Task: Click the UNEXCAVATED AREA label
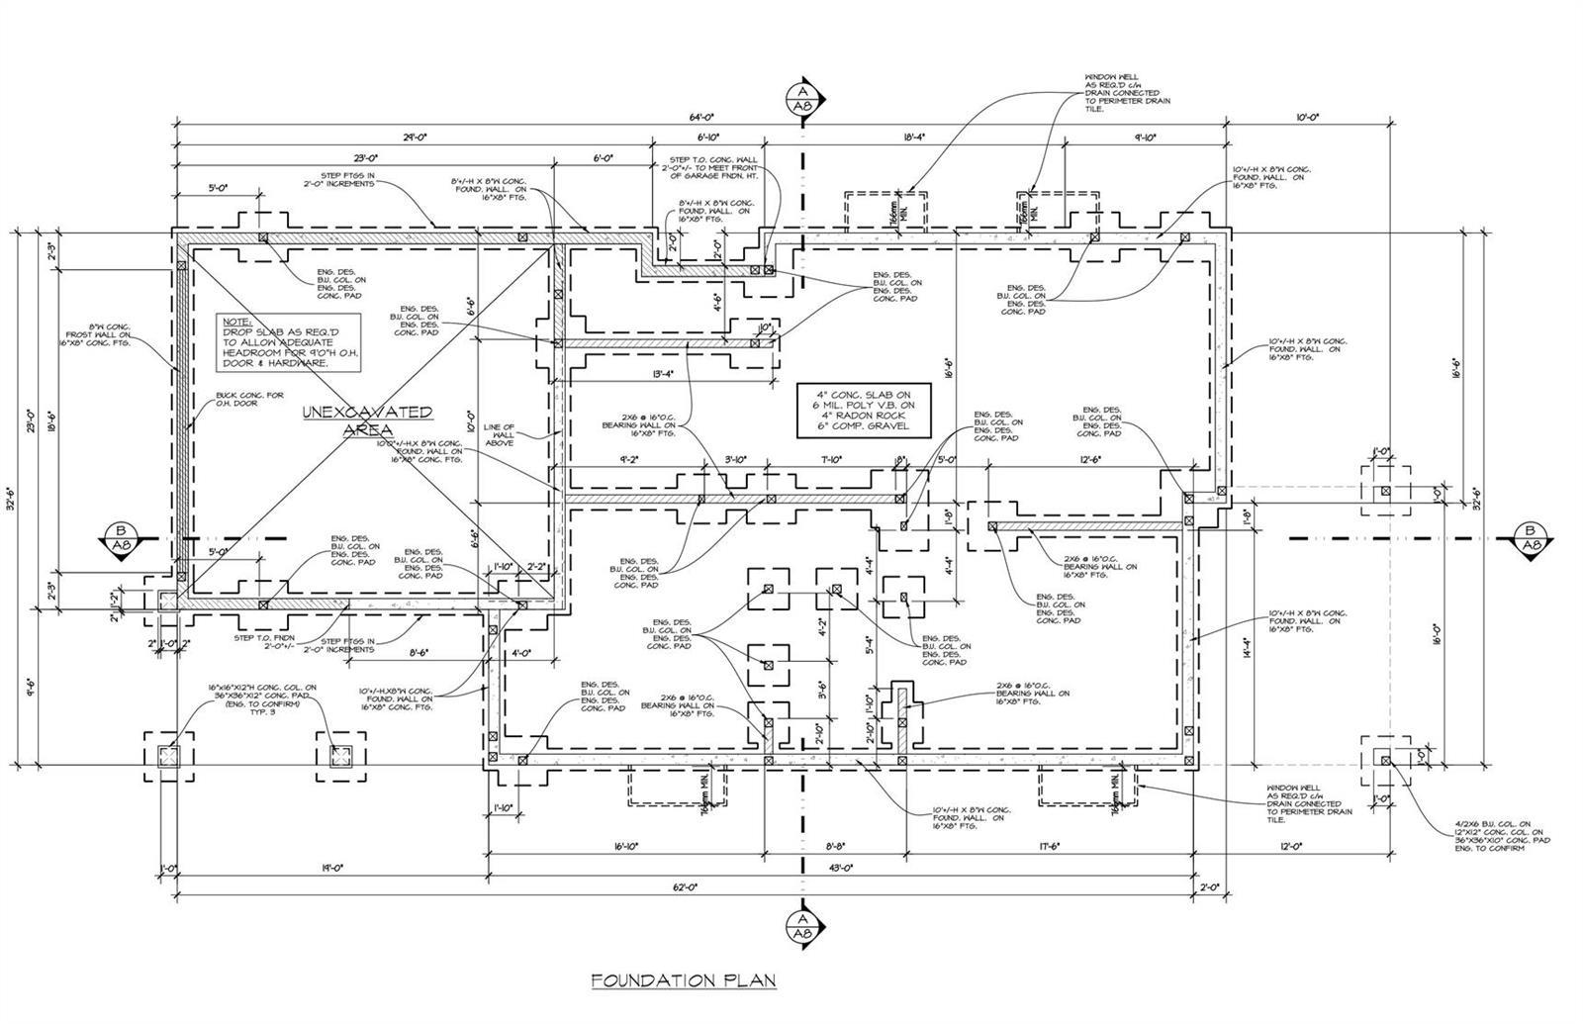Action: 366,420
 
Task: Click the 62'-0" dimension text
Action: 687,887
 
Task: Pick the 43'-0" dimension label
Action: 841,868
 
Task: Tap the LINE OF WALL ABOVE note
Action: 500,434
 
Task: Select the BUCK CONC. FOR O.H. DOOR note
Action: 250,400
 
